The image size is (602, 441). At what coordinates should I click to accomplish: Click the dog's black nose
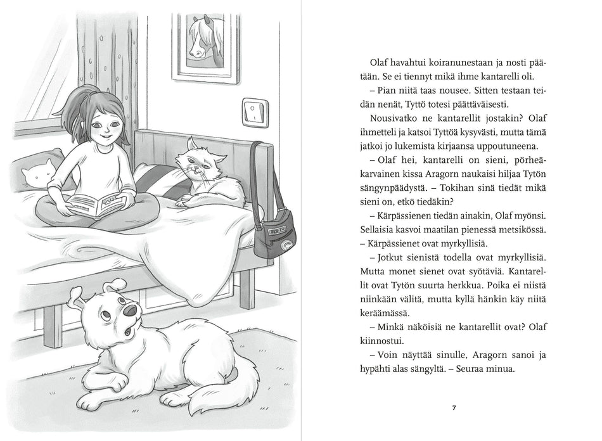(x=130, y=310)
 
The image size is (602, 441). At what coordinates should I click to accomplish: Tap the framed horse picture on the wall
(x=205, y=41)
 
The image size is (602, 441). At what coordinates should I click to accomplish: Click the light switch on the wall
(x=255, y=112)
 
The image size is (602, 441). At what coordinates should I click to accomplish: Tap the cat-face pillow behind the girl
(x=39, y=172)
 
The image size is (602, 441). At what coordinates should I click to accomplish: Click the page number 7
(x=454, y=407)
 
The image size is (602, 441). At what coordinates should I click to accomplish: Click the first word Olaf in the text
(x=380, y=63)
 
